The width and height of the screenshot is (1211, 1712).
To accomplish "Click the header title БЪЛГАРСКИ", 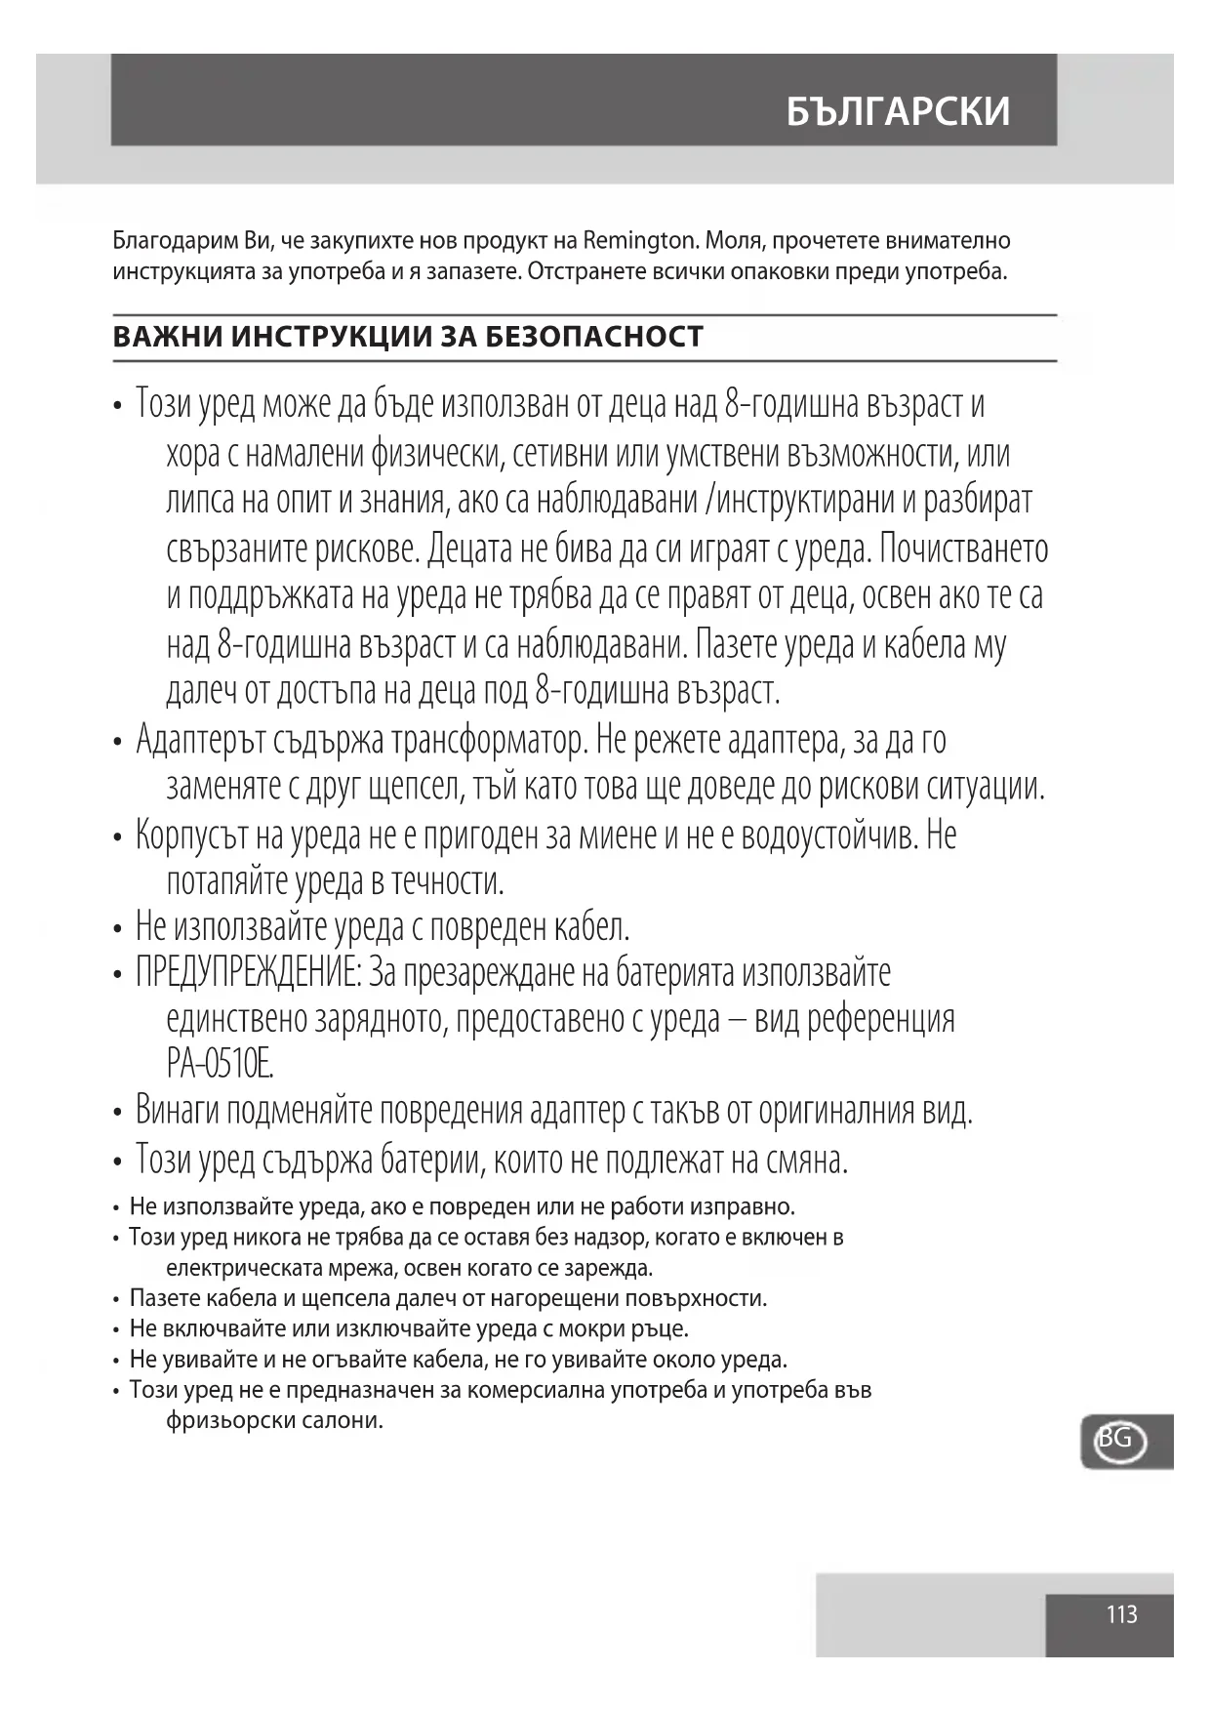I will pos(898,112).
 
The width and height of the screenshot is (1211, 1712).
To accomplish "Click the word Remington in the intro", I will pos(639,240).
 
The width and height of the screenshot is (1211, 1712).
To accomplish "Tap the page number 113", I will pos(1121,1614).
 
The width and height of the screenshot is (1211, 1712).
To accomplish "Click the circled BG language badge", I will pos(1118,1440).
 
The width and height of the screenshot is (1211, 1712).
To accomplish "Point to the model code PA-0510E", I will pos(220,1063).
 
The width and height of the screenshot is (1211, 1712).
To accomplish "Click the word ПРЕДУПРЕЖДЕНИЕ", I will pos(249,973).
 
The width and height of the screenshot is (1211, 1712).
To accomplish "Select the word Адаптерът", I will pos(199,739).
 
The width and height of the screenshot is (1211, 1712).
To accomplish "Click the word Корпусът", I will pos(192,836).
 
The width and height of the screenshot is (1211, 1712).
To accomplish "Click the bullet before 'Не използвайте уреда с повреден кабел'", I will pos(117,927).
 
